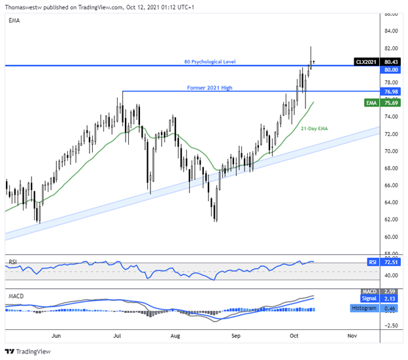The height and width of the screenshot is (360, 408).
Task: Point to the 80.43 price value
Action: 392,61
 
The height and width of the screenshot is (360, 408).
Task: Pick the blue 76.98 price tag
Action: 392,91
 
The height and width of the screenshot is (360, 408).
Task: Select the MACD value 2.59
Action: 392,291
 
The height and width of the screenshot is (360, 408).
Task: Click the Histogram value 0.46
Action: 392,307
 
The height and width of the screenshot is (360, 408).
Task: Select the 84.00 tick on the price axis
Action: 392,31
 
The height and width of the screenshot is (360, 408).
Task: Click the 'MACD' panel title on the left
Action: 16,295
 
